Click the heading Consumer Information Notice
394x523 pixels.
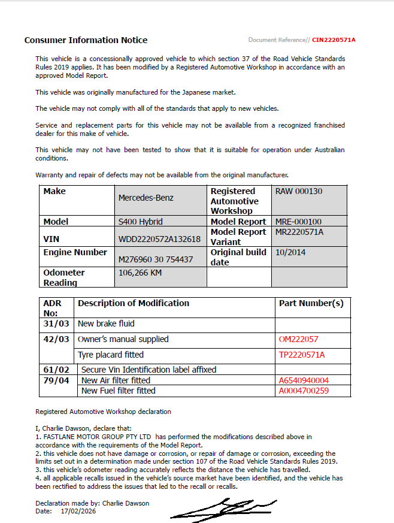coord(86,40)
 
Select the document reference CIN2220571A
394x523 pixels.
coord(334,40)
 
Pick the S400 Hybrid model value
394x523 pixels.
coord(140,222)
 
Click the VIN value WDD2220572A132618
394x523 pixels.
coord(159,239)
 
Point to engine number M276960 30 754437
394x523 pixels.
coord(156,259)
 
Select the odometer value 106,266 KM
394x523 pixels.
coord(140,273)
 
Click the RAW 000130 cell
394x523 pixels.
coord(298,192)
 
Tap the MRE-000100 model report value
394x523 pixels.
coord(298,222)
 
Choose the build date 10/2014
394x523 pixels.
coord(290,252)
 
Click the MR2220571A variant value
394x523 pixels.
coord(299,232)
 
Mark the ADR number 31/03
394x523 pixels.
coord(56,324)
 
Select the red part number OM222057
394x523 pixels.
coord(298,339)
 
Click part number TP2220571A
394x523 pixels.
coord(302,355)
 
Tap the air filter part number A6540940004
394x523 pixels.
coord(304,380)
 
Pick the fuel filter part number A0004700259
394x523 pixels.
coord(304,391)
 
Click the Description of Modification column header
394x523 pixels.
coord(133,304)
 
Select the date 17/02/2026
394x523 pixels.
coord(78,511)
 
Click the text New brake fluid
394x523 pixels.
coord(106,324)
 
